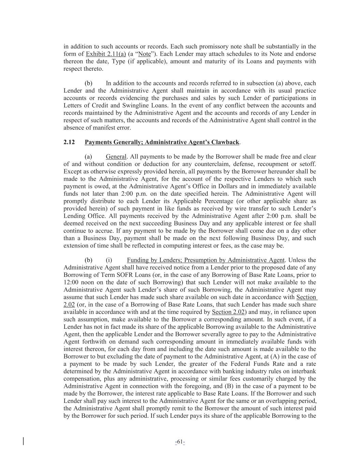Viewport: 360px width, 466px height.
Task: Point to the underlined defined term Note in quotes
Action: coord(144,54)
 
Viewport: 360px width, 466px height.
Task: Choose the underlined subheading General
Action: coord(116,157)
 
